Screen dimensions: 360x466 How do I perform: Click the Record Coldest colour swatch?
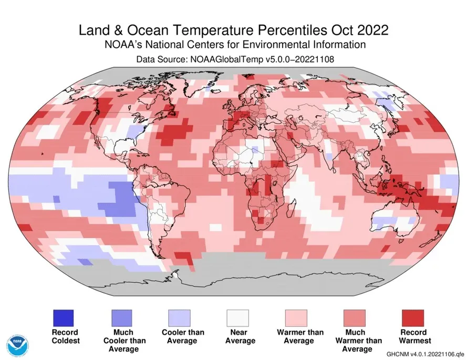pyautogui.click(x=63, y=318)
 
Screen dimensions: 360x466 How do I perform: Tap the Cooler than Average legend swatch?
pyautogui.click(x=179, y=318)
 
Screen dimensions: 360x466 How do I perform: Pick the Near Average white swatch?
pyautogui.click(x=237, y=318)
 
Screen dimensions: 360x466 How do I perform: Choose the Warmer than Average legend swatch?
pyautogui.click(x=296, y=318)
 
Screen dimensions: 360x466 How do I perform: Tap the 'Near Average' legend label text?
pyautogui.click(x=237, y=336)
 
